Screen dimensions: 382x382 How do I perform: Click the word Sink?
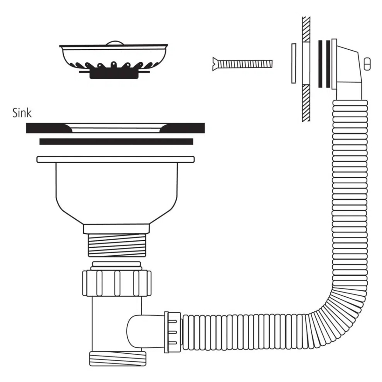point(22,113)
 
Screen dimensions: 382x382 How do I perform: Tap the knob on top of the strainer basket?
point(115,43)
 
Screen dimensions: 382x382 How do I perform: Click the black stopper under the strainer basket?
point(114,74)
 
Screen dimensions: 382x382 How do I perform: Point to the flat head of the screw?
point(215,64)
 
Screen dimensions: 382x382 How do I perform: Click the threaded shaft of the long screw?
point(245,64)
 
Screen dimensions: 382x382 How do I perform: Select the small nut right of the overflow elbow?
point(367,64)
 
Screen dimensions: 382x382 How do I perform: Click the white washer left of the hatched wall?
point(294,63)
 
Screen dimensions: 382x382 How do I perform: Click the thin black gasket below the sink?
point(116,142)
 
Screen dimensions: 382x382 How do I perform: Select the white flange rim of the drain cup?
point(116,159)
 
